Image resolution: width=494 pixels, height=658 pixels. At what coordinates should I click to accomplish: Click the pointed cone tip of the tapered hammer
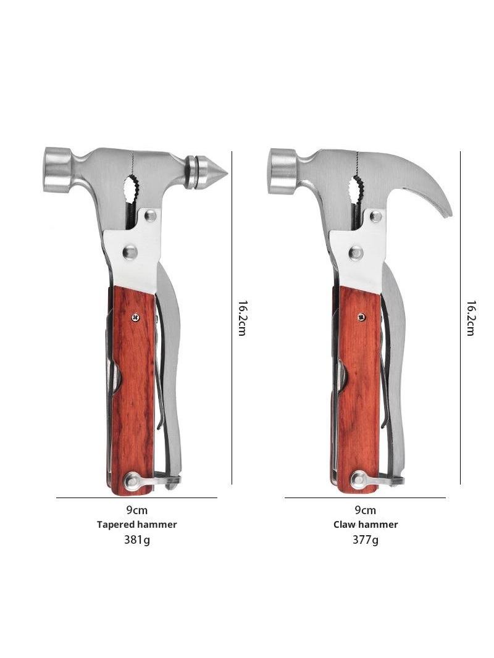point(227,172)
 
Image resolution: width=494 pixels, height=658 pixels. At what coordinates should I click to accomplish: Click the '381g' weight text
point(136,539)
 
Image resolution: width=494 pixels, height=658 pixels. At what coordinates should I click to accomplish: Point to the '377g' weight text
point(365,539)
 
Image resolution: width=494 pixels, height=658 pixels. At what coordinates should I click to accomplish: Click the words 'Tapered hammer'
point(137,525)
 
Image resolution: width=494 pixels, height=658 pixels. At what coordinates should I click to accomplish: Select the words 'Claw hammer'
point(366,525)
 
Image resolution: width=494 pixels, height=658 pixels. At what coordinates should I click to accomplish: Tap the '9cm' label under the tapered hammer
point(137,510)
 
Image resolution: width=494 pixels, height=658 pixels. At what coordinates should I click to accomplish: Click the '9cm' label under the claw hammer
point(365,510)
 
